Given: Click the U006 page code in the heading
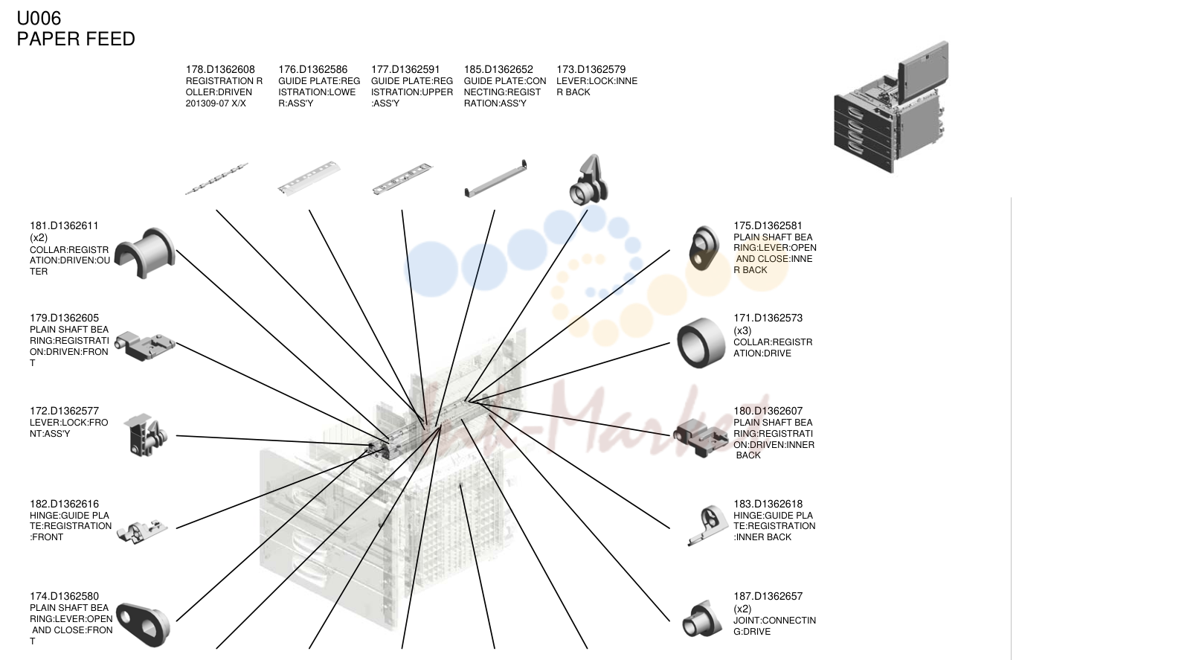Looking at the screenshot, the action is pyautogui.click(x=39, y=18).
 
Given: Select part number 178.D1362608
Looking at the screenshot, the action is pyautogui.click(x=220, y=69).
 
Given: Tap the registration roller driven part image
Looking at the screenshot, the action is pyautogui.click(x=216, y=179).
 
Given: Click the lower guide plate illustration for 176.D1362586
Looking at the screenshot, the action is pyautogui.click(x=309, y=178).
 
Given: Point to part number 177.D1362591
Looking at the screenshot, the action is pyautogui.click(x=405, y=69).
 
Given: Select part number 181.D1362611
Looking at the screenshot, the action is pyautogui.click(x=64, y=226).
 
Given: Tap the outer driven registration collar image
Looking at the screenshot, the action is pyautogui.click(x=145, y=253).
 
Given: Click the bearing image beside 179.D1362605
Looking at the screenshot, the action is pyautogui.click(x=145, y=346).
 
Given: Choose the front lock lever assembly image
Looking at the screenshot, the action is pyautogui.click(x=145, y=435).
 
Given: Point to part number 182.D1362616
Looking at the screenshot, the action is pyautogui.click(x=64, y=504).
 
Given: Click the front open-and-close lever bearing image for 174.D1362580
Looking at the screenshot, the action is pyautogui.click(x=143, y=625).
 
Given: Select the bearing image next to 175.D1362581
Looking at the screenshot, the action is pyautogui.click(x=704, y=248).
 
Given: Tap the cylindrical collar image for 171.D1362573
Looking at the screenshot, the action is pyautogui.click(x=701, y=342).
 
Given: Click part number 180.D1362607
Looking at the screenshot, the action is pyautogui.click(x=768, y=411).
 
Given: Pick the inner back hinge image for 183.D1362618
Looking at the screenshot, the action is pyautogui.click(x=708, y=525).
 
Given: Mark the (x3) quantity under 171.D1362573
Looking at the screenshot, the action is pyautogui.click(x=742, y=330).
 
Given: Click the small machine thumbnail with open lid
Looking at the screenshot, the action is pyautogui.click(x=891, y=107).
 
